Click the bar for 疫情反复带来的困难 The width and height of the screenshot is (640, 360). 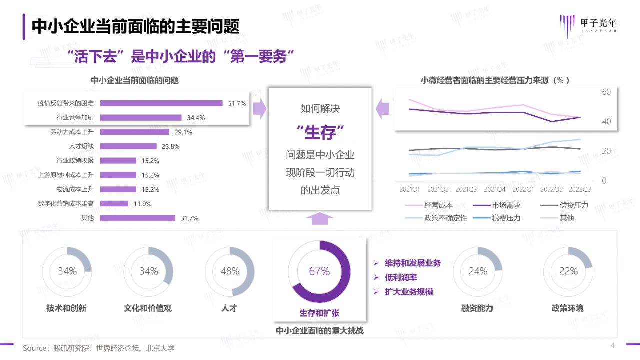point(161,103)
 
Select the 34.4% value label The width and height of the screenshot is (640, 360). point(196,118)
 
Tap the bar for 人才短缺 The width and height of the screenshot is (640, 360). point(129,146)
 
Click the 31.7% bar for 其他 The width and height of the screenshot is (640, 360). point(138,218)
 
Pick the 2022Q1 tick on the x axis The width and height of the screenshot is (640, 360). point(523,190)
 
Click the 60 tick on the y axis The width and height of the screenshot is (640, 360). point(606,92)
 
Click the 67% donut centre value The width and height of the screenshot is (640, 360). point(319,271)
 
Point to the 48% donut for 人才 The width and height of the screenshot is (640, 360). point(230,271)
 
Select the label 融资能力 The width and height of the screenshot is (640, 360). point(477,308)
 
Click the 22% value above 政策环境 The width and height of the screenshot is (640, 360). point(568,271)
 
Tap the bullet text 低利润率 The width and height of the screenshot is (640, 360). point(401,277)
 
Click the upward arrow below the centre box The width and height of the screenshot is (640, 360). point(320,218)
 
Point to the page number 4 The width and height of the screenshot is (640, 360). point(613,345)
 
